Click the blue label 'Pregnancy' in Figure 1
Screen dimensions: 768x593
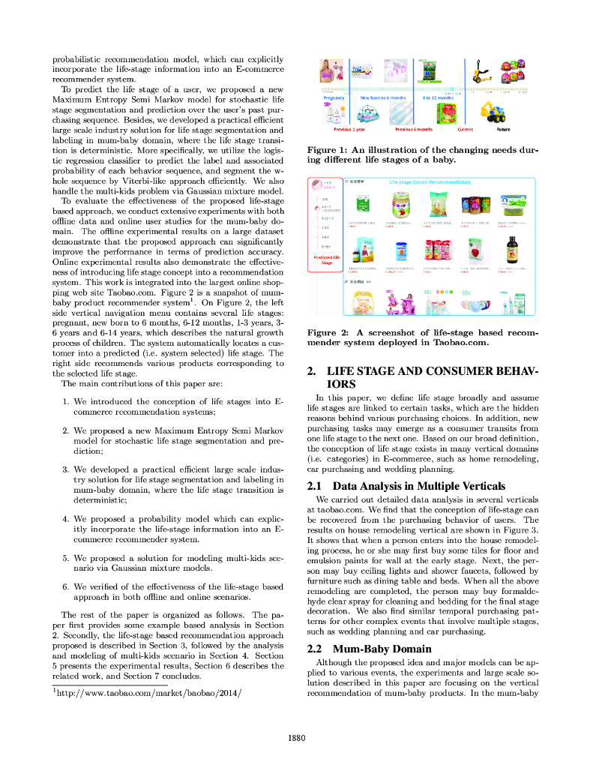click(x=334, y=98)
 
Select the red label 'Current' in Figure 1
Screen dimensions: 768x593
click(x=466, y=129)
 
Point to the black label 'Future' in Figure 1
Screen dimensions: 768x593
click(x=503, y=129)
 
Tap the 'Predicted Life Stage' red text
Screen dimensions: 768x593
click(x=326, y=259)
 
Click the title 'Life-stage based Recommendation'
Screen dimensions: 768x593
click(x=430, y=182)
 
